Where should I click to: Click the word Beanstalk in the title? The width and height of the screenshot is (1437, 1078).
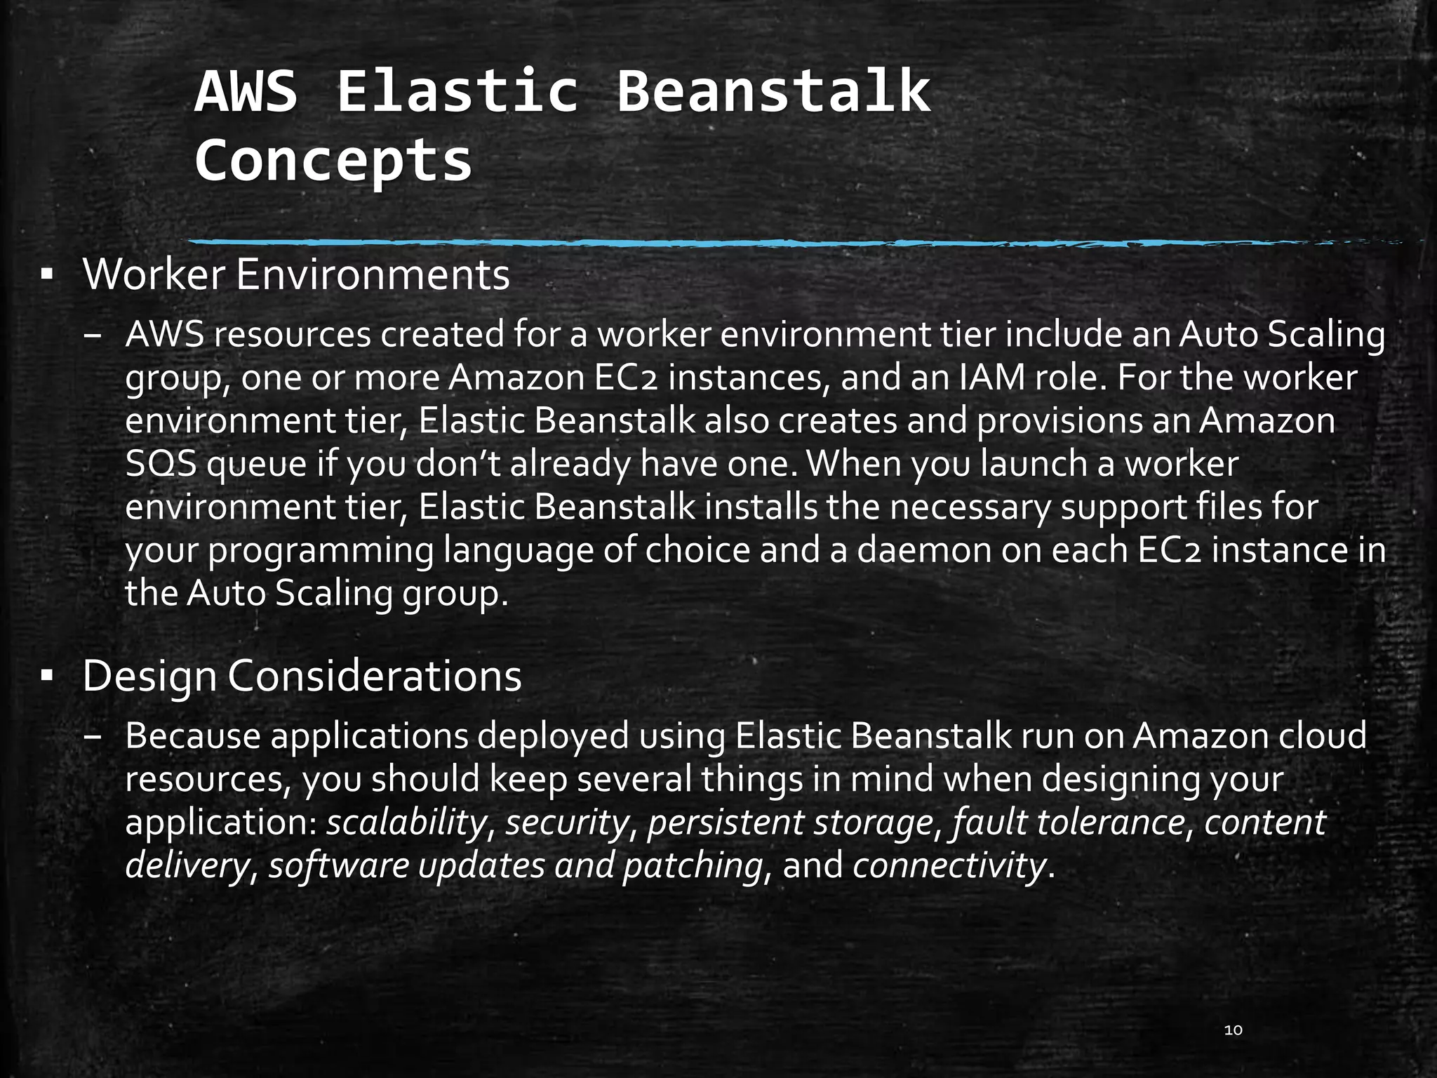773,91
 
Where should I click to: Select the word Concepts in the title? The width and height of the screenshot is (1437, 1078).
333,161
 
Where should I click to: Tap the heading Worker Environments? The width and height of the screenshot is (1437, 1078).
296,275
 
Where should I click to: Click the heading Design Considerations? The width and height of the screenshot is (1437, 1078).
302,677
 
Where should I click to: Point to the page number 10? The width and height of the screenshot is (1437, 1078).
1233,1030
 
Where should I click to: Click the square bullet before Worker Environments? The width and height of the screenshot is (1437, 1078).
47,275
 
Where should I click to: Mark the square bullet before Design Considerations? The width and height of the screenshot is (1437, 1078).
47,677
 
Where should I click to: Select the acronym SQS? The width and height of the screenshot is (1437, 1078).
161,465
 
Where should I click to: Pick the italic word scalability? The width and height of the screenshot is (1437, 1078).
406,823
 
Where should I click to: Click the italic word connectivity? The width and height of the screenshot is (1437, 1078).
950,865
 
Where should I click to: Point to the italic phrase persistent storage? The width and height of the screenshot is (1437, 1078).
790,823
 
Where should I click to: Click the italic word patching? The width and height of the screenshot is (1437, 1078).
693,865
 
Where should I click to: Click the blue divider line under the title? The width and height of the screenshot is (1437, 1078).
702,244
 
